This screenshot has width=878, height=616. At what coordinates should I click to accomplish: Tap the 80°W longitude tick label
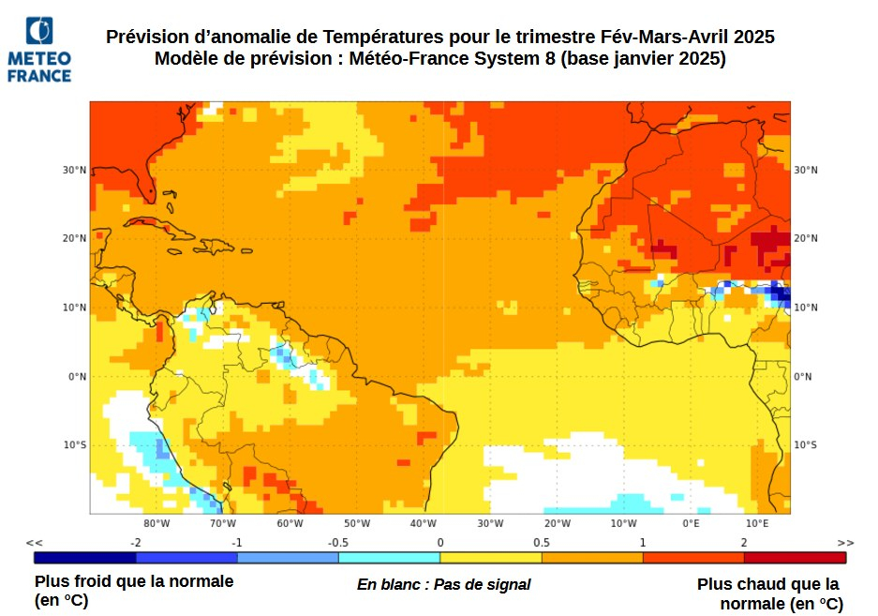(156, 523)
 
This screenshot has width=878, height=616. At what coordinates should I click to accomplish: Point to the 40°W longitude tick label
(424, 523)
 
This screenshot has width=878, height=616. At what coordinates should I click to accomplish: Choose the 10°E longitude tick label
(757, 523)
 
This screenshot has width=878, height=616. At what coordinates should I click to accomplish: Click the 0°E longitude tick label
(691, 523)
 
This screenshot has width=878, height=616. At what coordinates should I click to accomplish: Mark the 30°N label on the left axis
(75, 170)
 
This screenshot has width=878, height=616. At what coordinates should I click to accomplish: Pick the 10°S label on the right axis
(805, 444)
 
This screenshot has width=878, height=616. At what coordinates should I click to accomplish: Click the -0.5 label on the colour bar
(338, 543)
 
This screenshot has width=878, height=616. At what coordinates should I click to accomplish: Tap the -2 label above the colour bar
(136, 543)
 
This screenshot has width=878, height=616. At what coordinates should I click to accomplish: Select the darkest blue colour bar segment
(85, 558)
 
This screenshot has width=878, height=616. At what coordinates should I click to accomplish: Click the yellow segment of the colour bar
(491, 558)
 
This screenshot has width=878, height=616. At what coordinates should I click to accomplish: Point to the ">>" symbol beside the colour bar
(846, 543)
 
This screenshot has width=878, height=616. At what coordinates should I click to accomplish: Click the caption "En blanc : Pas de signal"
(443, 584)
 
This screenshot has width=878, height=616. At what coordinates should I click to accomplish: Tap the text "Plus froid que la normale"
(134, 581)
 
